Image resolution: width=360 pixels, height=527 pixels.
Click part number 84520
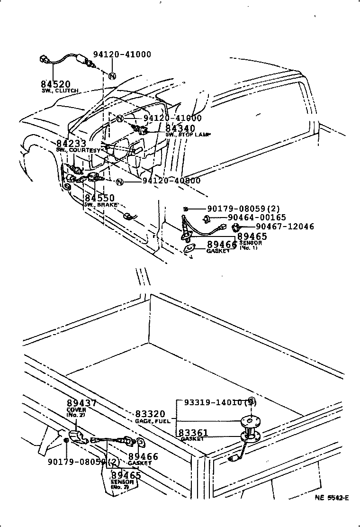[55, 84]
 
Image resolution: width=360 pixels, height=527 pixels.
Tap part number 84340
[180, 128]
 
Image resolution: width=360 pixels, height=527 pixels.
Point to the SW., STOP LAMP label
[188, 135]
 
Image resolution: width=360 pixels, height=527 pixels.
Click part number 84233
[71, 144]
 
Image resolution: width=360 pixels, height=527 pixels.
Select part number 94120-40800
[171, 181]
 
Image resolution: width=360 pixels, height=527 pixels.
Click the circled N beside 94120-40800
[119, 182]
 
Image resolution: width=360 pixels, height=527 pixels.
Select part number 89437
[81, 403]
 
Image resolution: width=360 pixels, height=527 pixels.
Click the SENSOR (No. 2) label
[120, 484]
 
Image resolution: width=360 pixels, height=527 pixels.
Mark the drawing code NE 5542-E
[332, 498]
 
